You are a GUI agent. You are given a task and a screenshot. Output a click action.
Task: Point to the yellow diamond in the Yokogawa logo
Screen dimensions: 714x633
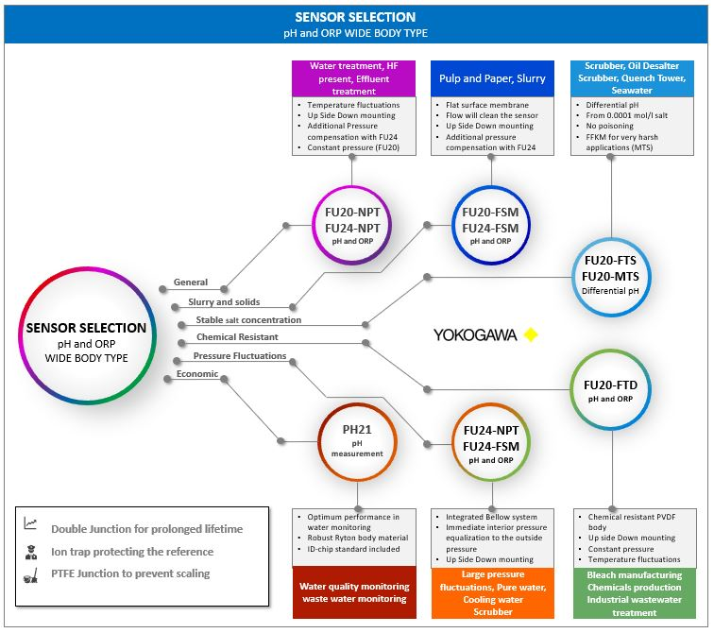531,334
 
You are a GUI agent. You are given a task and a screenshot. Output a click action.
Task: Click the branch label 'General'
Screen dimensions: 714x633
191,282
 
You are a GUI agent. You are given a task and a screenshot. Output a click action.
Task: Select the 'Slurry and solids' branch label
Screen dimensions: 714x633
224,301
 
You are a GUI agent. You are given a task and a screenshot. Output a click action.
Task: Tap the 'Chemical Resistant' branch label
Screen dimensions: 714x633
237,336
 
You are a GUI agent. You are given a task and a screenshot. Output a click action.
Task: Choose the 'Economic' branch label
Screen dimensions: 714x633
197,373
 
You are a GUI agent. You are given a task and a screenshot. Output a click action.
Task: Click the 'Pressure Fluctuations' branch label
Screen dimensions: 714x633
240,355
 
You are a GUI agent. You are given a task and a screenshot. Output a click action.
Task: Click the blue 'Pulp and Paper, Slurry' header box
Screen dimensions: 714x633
492,78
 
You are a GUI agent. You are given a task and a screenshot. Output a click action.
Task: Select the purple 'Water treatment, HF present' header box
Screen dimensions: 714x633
354,78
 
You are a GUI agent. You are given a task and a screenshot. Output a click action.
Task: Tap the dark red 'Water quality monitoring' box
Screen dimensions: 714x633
354,592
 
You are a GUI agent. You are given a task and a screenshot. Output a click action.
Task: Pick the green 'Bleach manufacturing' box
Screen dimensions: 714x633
635,593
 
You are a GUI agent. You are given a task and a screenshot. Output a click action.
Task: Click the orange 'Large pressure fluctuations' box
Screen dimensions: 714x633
493,593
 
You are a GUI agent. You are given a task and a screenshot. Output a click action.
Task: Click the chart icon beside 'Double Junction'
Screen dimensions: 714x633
30,523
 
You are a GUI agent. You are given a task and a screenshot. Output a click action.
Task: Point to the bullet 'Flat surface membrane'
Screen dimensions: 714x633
486,105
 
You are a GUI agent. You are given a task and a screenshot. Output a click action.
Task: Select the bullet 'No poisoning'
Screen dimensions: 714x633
609,126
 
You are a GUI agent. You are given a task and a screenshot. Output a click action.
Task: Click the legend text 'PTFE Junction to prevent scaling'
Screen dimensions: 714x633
130,573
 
